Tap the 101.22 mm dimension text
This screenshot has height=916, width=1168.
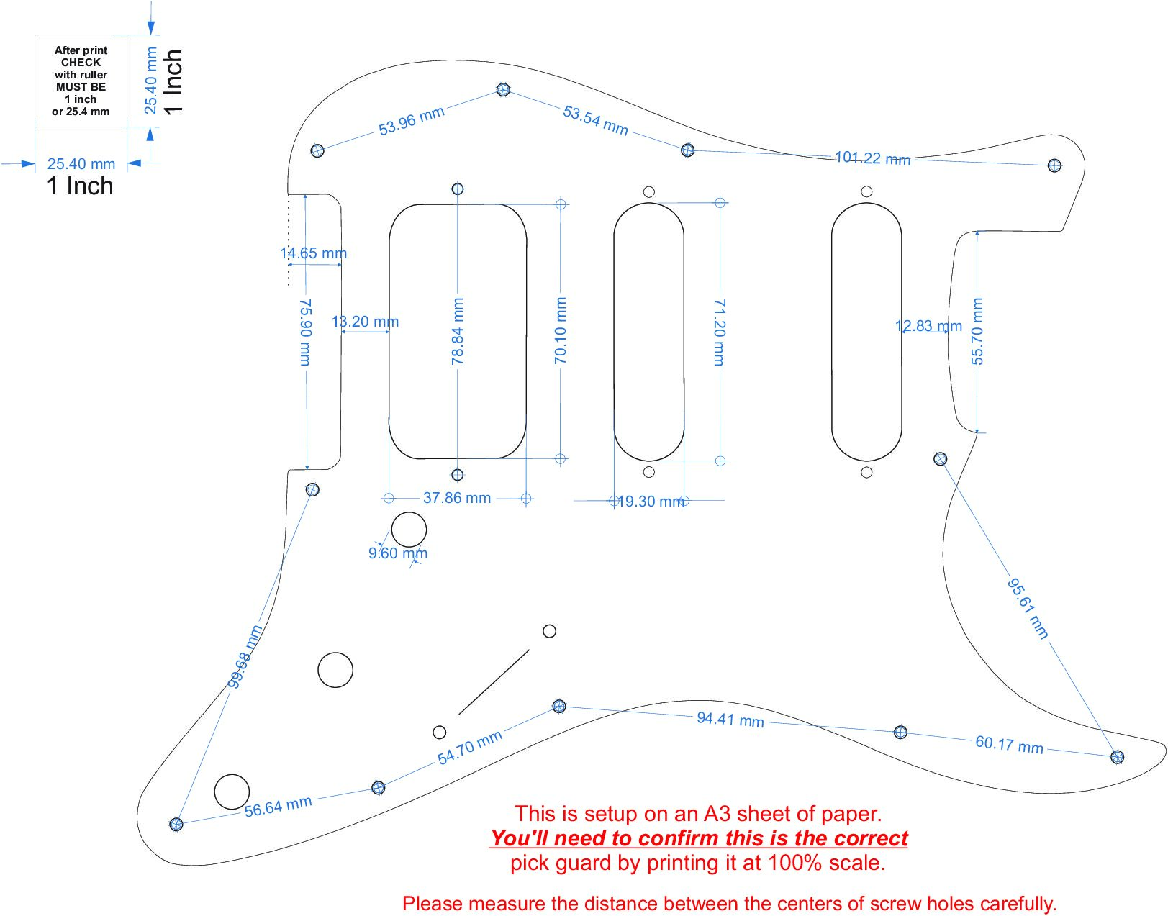(x=872, y=158)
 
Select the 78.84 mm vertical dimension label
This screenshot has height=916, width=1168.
(x=458, y=331)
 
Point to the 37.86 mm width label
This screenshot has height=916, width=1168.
(x=457, y=498)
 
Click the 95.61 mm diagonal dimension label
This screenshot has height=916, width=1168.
(x=1028, y=608)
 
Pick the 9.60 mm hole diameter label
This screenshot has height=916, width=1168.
(x=398, y=553)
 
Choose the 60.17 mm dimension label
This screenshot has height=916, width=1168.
(x=1009, y=745)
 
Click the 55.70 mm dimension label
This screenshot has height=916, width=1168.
(x=977, y=331)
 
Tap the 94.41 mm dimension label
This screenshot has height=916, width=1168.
(x=730, y=719)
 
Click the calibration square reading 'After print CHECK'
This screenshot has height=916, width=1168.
(x=81, y=81)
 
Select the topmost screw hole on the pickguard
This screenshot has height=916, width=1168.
(x=503, y=90)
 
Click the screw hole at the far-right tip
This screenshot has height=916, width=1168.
(x=1117, y=757)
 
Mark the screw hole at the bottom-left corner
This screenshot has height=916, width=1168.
(x=176, y=825)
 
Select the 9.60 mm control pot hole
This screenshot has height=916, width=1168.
(x=409, y=530)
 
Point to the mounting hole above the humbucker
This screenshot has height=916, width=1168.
(x=458, y=189)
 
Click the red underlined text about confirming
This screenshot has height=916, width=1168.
(x=699, y=838)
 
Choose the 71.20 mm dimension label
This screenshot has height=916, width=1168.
(x=720, y=332)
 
